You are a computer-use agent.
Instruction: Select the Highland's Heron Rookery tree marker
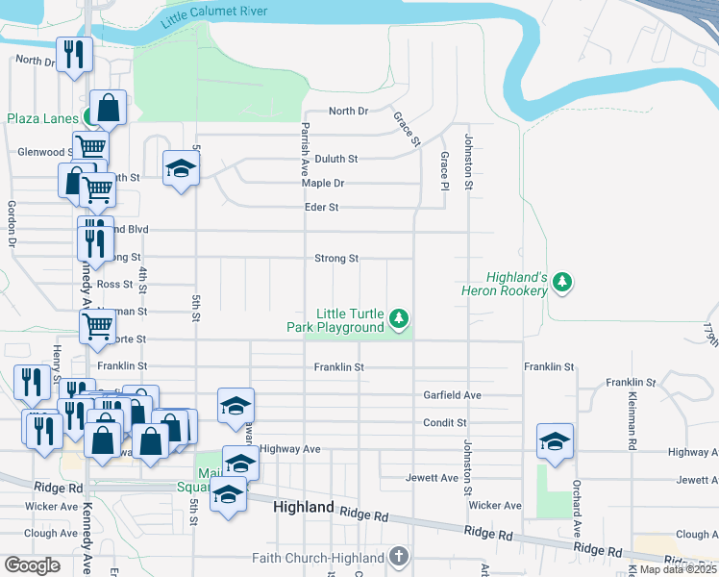point(563,283)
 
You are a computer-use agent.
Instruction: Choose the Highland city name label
point(304,507)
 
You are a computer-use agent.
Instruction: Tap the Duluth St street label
point(335,159)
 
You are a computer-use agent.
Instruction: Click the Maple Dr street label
point(322,183)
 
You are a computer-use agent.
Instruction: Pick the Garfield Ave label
point(452,395)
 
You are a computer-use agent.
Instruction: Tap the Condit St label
point(445,422)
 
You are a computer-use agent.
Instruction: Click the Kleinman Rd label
point(632,428)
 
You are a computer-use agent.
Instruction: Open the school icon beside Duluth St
point(179,170)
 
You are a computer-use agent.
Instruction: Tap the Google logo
point(32,565)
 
